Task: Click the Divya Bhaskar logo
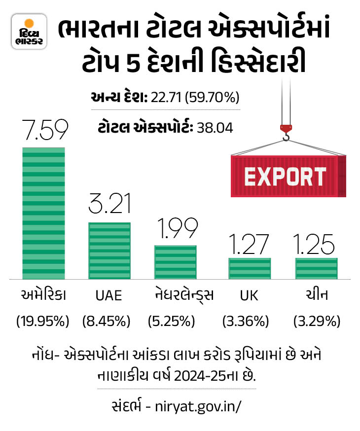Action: click(x=29, y=32)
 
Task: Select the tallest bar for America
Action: click(x=43, y=213)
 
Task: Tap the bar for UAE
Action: click(x=109, y=251)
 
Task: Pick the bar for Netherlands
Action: click(x=176, y=262)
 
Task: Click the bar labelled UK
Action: click(x=250, y=268)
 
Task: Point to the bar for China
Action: click(x=316, y=268)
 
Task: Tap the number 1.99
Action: click(x=176, y=228)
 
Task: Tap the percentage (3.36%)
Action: click(x=246, y=322)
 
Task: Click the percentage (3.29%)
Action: click(x=317, y=322)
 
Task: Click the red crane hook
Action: click(x=286, y=132)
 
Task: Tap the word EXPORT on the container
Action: click(x=286, y=176)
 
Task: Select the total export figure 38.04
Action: click(x=215, y=128)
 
